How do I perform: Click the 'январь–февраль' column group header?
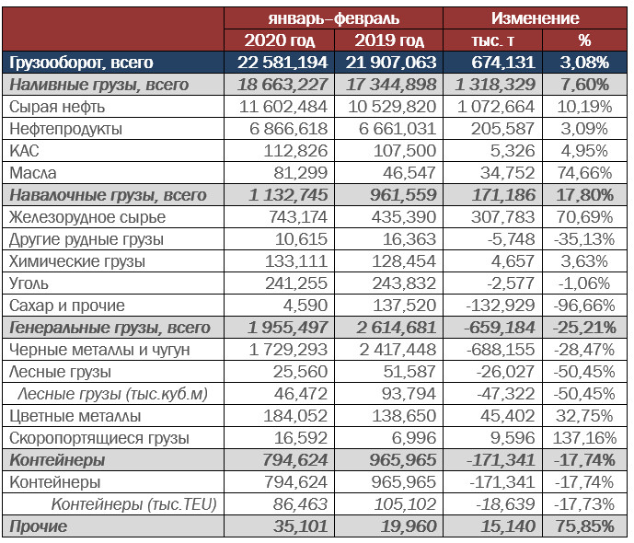point(334,18)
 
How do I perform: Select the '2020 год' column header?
point(280,40)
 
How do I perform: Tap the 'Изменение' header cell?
point(535,18)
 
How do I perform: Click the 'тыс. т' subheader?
point(492,40)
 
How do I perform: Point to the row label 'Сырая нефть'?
point(57,107)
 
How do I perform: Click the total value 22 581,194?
point(282,63)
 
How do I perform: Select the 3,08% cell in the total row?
point(584,63)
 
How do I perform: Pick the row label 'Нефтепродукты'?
point(65,129)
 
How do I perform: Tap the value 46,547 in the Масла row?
point(409,173)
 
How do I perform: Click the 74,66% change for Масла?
point(584,173)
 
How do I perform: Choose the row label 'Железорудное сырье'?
point(87,217)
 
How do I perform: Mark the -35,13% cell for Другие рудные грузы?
point(584,239)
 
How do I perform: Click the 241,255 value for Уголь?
point(296,283)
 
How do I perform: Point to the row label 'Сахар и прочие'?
point(67,306)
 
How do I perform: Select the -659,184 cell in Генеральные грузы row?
point(500,328)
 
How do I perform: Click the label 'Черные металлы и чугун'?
point(99,350)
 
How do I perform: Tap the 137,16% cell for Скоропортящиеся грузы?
point(584,438)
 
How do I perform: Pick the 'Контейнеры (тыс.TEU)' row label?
point(133,504)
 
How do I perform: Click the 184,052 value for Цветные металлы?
point(295,416)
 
